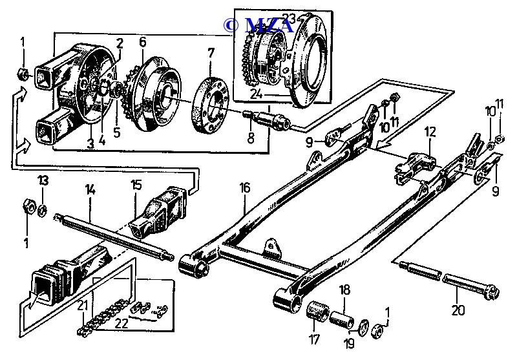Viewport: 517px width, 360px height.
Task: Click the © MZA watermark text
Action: (258, 25)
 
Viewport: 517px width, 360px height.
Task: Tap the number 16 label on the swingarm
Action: (244, 188)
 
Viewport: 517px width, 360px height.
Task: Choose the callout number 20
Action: (458, 310)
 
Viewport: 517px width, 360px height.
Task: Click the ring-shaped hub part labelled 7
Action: (209, 104)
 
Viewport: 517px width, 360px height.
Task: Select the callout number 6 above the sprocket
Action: (142, 42)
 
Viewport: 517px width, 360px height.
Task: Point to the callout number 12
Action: (430, 132)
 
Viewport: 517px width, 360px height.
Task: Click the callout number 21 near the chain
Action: (82, 305)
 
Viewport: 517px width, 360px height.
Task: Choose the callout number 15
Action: (136, 185)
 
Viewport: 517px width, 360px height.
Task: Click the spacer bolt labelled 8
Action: (267, 121)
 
